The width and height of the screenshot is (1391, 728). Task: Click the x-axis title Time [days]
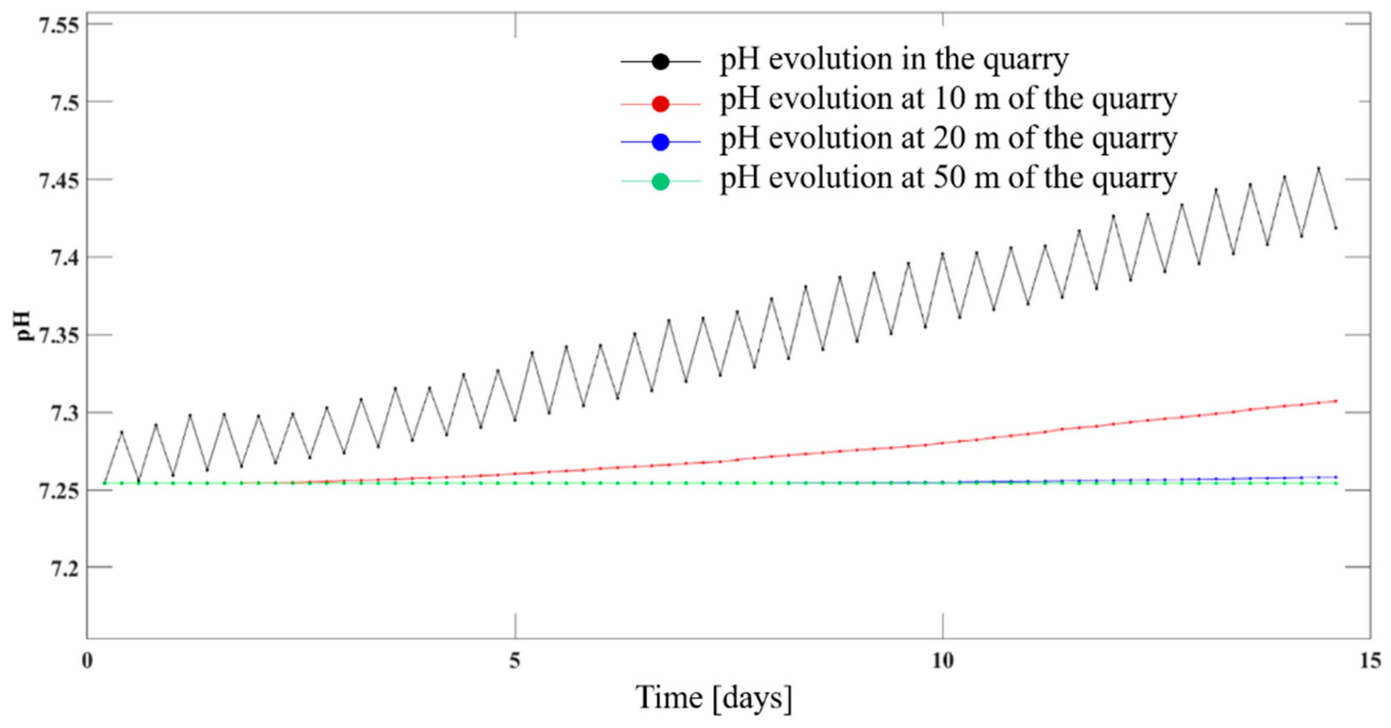click(x=714, y=698)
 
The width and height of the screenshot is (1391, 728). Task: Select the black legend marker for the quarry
click(x=661, y=62)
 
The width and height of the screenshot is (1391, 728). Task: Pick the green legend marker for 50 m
click(x=661, y=182)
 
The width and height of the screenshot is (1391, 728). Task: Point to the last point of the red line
click(x=1335, y=401)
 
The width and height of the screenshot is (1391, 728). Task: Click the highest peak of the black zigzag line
click(x=1319, y=168)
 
